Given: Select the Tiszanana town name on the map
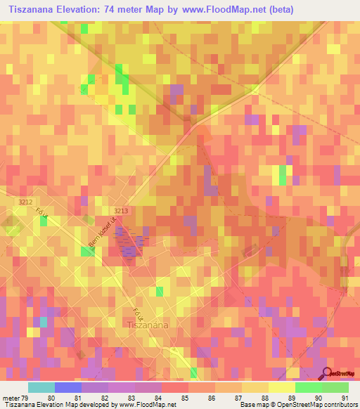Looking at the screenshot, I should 147,324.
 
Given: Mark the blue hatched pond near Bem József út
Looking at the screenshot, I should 128,240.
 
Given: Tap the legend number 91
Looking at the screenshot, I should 345,397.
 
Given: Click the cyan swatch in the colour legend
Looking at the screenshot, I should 41,387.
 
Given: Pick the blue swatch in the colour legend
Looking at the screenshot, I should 68,387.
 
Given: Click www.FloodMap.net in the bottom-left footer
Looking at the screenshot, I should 148,405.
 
